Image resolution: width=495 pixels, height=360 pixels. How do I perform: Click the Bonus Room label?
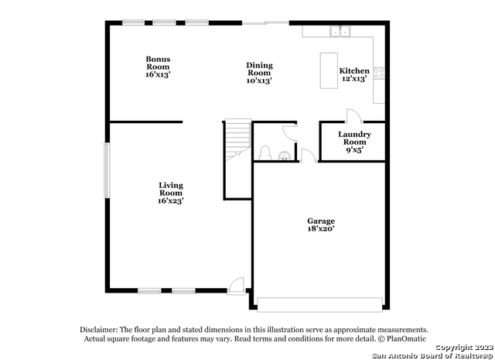pyautogui.click(x=158, y=67)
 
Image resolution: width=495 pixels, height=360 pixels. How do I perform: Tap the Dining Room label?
pyautogui.click(x=259, y=73)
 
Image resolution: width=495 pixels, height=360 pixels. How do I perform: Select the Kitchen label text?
pyautogui.click(x=354, y=74)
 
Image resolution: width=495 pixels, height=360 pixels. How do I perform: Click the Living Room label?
pyautogui.click(x=171, y=193)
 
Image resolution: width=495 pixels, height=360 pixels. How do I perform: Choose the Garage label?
pyautogui.click(x=321, y=225)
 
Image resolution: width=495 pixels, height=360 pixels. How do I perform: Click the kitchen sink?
pyautogui.click(x=340, y=31)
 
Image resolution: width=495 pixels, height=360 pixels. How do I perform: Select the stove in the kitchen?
pyautogui.click(x=379, y=74)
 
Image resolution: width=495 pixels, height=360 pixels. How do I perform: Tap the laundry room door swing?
pyautogui.click(x=352, y=116)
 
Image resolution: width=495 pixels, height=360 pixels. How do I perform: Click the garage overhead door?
pyautogui.click(x=319, y=303)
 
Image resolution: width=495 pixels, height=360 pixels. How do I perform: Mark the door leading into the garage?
pyautogui.click(x=308, y=154)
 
